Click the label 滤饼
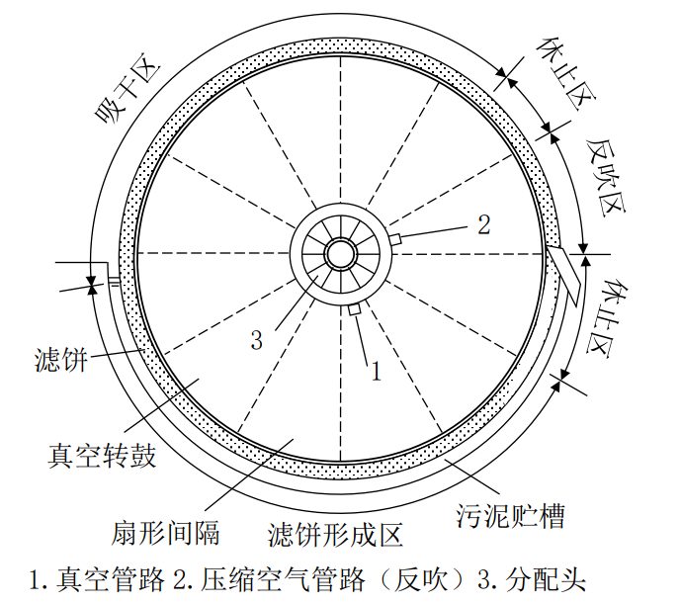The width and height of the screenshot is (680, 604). click(x=61, y=358)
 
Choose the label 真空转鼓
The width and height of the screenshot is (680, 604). click(x=102, y=457)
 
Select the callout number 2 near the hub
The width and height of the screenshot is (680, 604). click(x=483, y=223)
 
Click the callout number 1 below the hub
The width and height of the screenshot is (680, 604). click(x=375, y=372)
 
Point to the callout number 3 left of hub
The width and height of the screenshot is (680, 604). click(x=256, y=340)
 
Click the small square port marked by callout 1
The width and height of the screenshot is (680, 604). click(x=353, y=310)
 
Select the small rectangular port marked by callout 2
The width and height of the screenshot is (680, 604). click(x=394, y=239)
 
